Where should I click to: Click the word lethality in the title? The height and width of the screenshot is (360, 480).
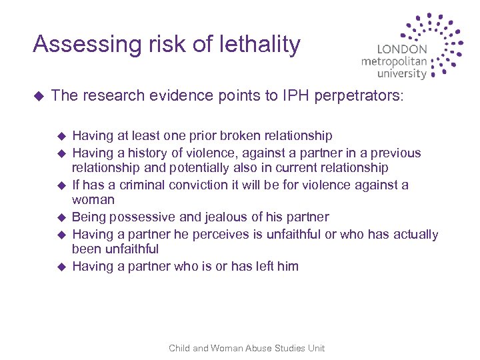click(257, 45)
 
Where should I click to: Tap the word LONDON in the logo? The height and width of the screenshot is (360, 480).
click(402, 49)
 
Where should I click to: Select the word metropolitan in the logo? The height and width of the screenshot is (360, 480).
click(394, 62)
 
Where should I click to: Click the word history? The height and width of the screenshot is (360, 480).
click(149, 153)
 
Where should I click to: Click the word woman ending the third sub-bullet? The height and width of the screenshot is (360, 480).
click(93, 200)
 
